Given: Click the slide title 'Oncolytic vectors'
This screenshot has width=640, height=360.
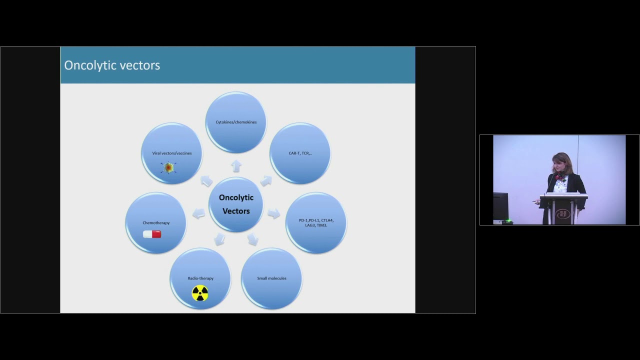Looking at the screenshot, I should coord(112,65).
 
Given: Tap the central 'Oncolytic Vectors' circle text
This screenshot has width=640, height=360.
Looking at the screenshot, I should coord(236,204).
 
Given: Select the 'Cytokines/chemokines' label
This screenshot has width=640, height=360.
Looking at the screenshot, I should coord(236,122).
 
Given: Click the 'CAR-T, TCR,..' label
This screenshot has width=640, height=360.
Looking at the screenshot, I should coord(300,153).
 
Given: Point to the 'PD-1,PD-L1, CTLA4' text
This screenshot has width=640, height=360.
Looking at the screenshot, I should coord(316,220).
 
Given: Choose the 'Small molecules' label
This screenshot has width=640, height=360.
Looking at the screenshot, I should coord(271,278).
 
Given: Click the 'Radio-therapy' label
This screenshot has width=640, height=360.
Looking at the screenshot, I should coord(200,278).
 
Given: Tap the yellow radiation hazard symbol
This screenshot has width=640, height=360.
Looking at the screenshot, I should coord(200,293).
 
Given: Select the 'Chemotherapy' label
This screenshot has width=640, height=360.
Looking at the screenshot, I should coord(156,222).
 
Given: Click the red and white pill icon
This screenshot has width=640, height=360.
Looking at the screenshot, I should coord(152,234).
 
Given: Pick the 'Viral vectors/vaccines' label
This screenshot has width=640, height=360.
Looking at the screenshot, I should coord(172,153).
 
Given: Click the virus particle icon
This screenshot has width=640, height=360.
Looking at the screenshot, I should coord(168,167).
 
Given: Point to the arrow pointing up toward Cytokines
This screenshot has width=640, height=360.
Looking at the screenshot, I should coord(236,165).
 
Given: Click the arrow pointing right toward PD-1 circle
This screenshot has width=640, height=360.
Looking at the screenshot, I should coord(273,213).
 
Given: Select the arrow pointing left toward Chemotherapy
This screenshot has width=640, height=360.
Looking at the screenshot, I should coord(199,213).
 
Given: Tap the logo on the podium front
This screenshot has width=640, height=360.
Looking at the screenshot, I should coord(563,214).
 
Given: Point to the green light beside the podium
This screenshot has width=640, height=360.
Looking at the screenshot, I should coord(508,220).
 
